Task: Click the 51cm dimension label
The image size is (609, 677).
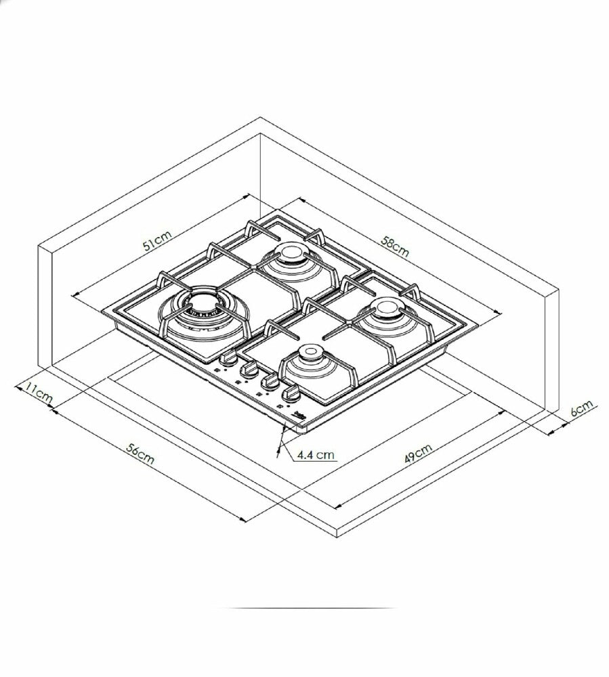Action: click(x=157, y=240)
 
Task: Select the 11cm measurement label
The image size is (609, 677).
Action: click(x=37, y=393)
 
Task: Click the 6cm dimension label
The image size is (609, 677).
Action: click(x=583, y=408)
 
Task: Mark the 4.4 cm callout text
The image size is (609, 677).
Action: click(x=316, y=454)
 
